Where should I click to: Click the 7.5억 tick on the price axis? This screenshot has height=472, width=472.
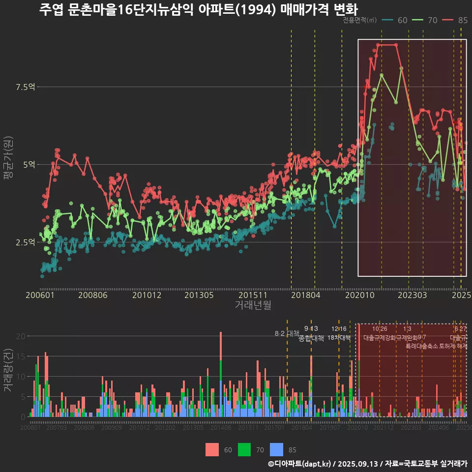point(26,87)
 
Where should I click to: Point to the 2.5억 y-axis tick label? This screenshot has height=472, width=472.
point(26,242)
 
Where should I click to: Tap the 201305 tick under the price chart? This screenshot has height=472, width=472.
point(199,295)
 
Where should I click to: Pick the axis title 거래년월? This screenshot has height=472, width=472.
point(253,305)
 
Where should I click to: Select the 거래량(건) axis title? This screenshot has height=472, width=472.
point(8,370)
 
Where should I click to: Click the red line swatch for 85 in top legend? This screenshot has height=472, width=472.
point(447,20)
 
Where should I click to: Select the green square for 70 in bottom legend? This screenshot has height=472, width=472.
point(245,449)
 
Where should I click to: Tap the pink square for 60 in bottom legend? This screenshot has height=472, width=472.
point(212,449)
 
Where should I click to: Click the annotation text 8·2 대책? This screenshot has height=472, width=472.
point(287,333)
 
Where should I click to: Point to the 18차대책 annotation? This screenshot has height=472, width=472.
point(339,338)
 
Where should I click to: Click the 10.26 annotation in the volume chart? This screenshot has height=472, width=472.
point(380,329)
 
